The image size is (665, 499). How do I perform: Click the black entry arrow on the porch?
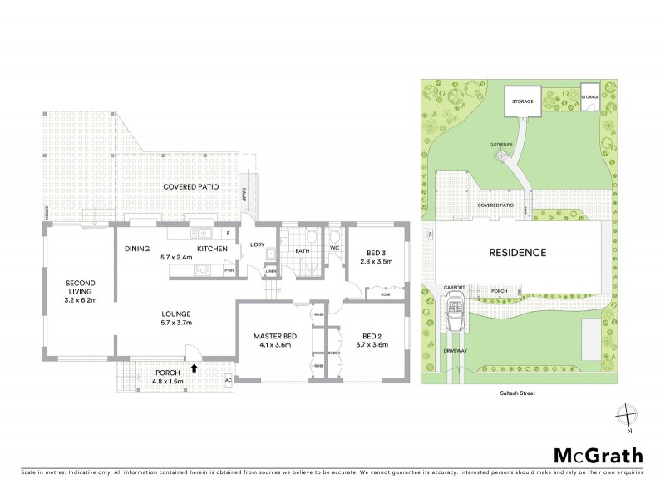(195, 366)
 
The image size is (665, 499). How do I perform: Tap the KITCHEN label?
(212, 248)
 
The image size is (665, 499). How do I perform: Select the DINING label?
(136, 248)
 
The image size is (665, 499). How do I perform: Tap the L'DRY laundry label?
(258, 244)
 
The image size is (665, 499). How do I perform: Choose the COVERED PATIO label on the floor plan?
(190, 187)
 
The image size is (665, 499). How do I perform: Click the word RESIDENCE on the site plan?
(516, 252)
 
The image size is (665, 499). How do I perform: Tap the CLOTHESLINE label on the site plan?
(500, 144)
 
